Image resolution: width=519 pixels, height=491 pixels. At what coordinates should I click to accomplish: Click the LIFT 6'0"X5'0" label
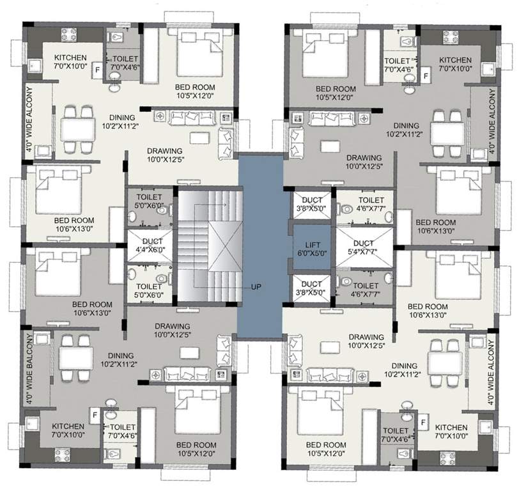(311, 248)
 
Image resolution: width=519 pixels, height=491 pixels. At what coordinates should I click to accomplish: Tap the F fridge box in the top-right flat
(426, 75)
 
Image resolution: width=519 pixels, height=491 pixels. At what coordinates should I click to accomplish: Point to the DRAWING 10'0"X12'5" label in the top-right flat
(364, 162)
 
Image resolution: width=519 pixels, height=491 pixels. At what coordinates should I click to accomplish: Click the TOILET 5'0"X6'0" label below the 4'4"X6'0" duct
(148, 291)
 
